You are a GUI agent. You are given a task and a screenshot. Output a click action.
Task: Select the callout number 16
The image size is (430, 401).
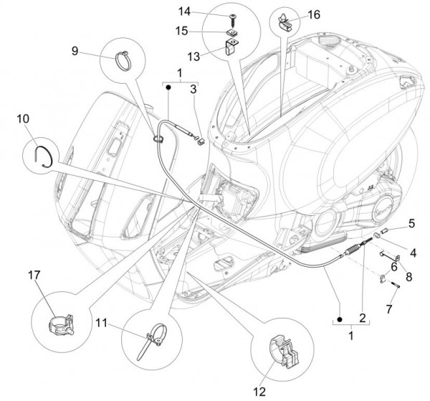pyautogui.click(x=314, y=14)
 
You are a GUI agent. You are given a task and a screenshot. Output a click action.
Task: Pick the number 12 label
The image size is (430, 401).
pyautogui.click(x=258, y=391)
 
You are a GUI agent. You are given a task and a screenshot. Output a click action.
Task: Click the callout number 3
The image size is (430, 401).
pyautogui.click(x=193, y=89)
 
